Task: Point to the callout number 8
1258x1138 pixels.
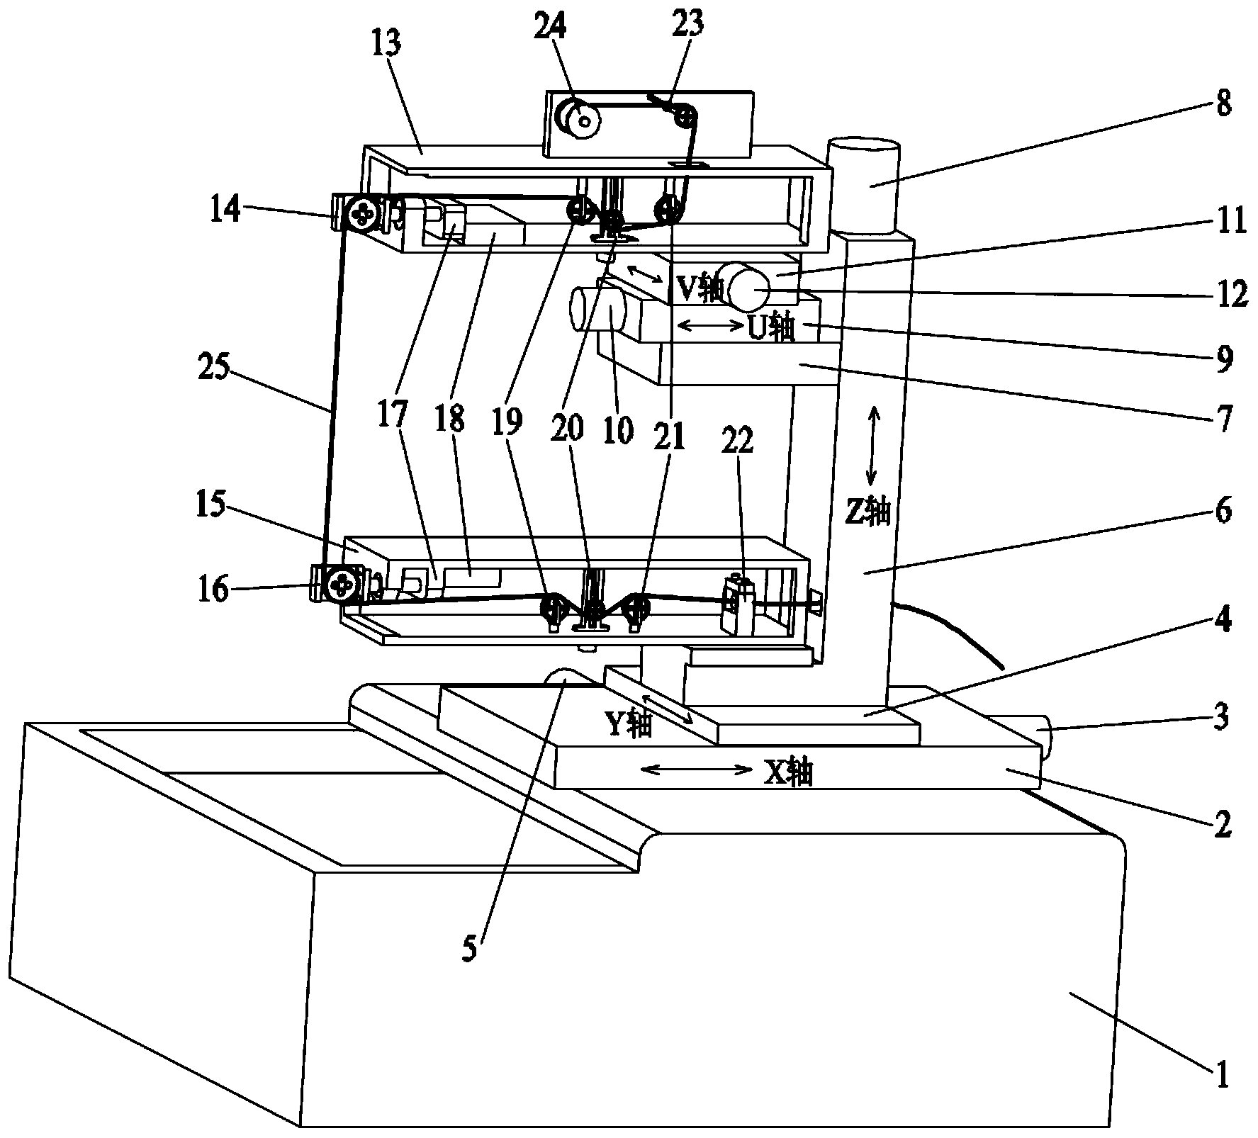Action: click(x=1222, y=104)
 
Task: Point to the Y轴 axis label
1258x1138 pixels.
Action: click(x=628, y=724)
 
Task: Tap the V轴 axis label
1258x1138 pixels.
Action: click(x=701, y=288)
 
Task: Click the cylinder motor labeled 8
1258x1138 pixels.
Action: click(x=865, y=186)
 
